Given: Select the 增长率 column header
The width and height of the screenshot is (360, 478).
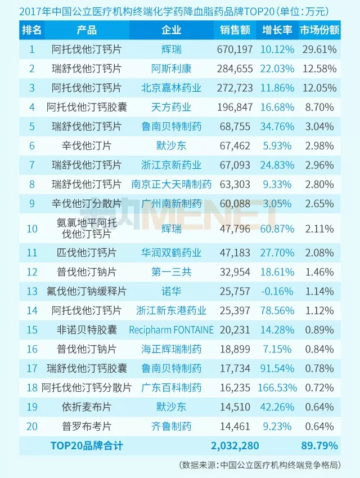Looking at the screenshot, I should tap(276, 30).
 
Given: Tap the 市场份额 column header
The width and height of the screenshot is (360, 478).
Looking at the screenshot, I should tap(318, 30).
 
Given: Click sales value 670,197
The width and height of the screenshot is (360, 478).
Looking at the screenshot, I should tap(235, 50).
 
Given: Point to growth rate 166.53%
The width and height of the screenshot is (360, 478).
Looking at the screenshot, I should tap(277, 388).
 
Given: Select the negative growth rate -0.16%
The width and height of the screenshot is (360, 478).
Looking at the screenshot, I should tap(277, 291).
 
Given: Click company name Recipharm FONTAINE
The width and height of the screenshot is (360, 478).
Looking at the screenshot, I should tap(172, 330).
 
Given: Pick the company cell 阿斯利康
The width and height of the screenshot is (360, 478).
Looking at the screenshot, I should tap(172, 69).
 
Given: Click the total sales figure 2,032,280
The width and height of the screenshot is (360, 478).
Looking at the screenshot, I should tap(235, 446).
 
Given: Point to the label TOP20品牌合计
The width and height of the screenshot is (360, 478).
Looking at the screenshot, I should tap(87, 446).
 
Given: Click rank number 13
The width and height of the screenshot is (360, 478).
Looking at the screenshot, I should tap(31, 291).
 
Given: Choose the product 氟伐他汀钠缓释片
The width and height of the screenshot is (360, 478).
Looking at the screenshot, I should tap(87, 291).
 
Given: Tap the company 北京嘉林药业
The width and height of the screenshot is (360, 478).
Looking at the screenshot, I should tap(172, 88).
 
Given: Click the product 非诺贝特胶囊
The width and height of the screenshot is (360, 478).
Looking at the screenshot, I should tap(87, 330).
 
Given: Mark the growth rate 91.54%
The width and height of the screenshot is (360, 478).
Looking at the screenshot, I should tap(277, 368).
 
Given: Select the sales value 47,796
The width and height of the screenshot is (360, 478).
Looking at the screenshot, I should tap(235, 228).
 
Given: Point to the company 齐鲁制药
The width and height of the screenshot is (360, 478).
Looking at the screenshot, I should tap(172, 426).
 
